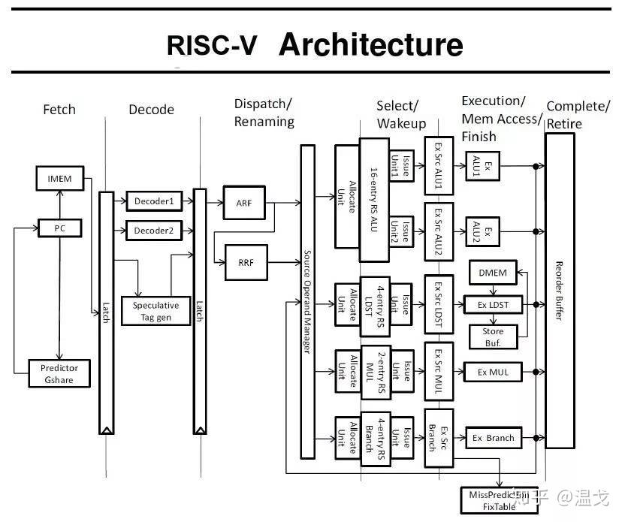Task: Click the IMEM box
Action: click(60, 178)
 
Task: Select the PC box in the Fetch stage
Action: click(60, 227)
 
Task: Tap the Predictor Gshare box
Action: click(59, 373)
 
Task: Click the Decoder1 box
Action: click(154, 201)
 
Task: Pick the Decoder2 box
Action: click(154, 231)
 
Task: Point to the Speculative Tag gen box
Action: click(155, 311)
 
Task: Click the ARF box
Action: click(244, 203)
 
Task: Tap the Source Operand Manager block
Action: click(307, 301)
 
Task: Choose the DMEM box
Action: click(493, 273)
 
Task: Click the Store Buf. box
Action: click(493, 336)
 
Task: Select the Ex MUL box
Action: click(493, 372)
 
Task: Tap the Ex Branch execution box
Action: click(493, 438)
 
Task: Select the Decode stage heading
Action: click(151, 110)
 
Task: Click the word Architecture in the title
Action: click(370, 45)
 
